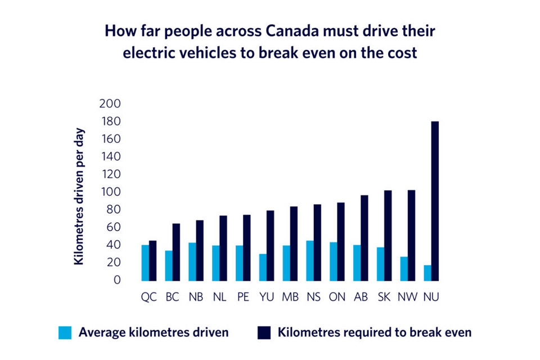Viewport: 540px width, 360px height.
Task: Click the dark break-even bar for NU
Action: [x=435, y=201]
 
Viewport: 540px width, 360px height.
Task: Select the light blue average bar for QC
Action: [x=145, y=263]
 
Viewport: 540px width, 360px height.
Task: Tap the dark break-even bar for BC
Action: [x=176, y=252]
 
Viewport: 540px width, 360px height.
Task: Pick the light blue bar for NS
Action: [x=310, y=260]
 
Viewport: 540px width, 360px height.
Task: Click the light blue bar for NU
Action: [x=427, y=273]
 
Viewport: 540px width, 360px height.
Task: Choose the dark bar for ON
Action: [x=341, y=241]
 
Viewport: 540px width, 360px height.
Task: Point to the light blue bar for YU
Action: [x=263, y=267]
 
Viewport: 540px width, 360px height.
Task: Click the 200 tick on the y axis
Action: [x=110, y=103]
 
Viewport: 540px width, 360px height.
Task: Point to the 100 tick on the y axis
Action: [x=110, y=192]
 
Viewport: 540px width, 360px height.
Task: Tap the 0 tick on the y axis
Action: [x=117, y=280]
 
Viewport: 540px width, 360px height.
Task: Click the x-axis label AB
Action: [x=361, y=297]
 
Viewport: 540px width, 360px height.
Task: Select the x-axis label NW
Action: [x=407, y=297]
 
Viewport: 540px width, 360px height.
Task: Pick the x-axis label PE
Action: [x=243, y=297]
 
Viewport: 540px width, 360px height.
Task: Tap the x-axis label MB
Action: [x=290, y=297]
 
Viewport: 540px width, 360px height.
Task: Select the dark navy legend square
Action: [x=263, y=333]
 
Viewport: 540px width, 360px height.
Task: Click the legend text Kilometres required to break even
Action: [x=374, y=332]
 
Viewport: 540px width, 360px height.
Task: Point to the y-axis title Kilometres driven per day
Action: [x=79, y=200]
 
